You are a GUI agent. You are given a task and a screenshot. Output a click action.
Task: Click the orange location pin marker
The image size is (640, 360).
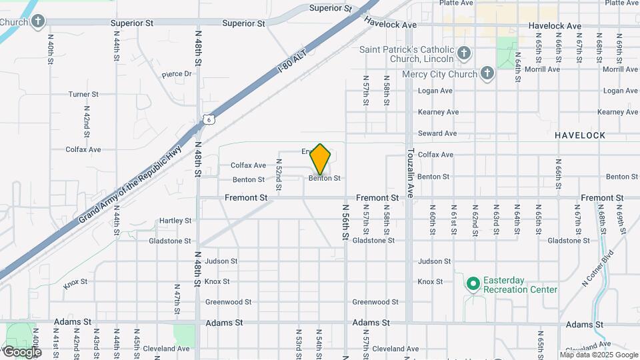click(321, 159)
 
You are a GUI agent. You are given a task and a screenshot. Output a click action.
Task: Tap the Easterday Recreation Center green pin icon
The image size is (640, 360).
click(473, 285)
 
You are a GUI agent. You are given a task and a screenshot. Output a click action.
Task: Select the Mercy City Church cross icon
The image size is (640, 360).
click(487, 73)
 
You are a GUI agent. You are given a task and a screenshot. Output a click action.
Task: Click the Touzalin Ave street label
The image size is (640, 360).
click(411, 172)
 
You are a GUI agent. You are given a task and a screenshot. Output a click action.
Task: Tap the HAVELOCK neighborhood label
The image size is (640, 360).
click(580, 135)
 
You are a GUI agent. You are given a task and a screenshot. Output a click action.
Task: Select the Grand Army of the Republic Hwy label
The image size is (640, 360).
click(130, 186)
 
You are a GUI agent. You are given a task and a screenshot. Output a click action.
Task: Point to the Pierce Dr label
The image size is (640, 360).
click(176, 74)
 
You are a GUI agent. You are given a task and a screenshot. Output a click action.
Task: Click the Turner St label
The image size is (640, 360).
click(83, 95)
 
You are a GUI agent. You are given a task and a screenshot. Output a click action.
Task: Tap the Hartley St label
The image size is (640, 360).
click(175, 221)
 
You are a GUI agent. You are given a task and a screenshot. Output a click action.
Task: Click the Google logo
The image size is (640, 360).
click(22, 351)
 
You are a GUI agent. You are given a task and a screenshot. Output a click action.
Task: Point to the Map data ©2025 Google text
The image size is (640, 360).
click(598, 355)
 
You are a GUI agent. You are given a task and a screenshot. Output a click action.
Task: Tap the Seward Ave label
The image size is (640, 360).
click(438, 133)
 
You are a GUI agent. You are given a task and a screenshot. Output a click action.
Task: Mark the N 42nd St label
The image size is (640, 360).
click(87, 117)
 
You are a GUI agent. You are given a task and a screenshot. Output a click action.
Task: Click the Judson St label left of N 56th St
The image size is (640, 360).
click(221, 261)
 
